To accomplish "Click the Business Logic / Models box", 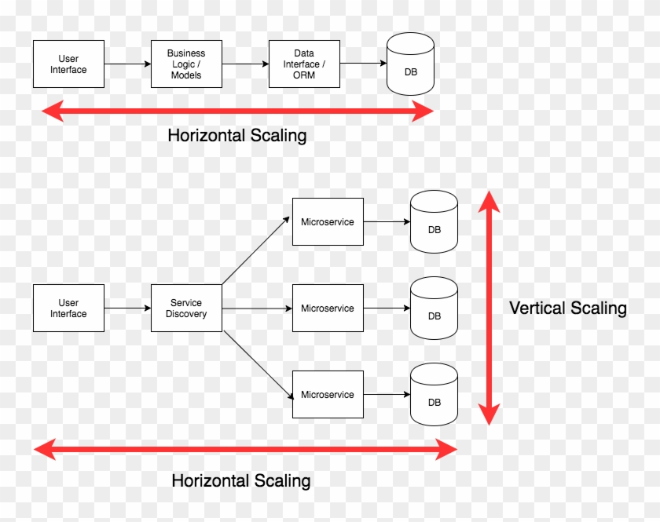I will (186, 64).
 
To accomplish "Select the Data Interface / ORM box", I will (304, 64).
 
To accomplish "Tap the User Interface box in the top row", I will (68, 64).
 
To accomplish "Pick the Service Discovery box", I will (186, 308).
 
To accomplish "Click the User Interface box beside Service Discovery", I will (68, 308).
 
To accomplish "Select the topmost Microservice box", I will (328, 222).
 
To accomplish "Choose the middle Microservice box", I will (328, 308).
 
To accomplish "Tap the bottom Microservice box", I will (328, 395).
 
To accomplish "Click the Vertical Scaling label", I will (567, 308).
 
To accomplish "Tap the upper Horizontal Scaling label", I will (236, 135).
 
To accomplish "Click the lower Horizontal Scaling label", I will (240, 480).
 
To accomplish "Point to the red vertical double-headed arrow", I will (489, 308).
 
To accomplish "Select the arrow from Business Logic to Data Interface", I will (245, 64).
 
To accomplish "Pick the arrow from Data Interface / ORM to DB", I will (363, 64).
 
